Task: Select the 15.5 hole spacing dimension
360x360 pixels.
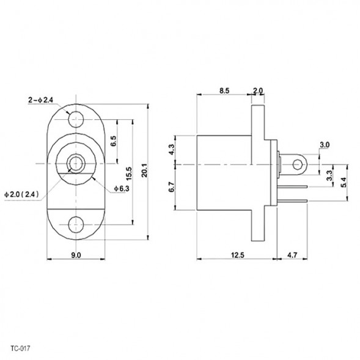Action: coord(129,172)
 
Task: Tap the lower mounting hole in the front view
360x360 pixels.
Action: coord(76,223)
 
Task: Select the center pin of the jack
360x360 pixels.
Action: coord(76,164)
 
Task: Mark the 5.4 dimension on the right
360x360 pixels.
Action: coord(343,182)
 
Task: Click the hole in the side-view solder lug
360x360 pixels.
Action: coord(297,164)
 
